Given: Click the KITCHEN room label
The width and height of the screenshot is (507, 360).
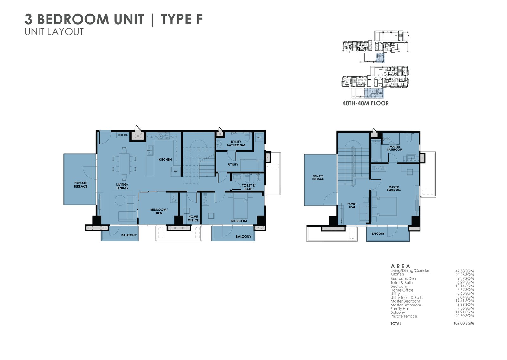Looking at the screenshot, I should click(x=165, y=160).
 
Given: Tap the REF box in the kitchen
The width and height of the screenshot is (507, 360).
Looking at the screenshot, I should click(x=175, y=172).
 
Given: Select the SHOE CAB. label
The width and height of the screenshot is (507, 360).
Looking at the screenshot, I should click(x=123, y=135).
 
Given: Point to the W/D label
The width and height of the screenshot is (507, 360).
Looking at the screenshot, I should click(x=259, y=138).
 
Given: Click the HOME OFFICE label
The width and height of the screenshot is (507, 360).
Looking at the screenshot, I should click(x=193, y=219).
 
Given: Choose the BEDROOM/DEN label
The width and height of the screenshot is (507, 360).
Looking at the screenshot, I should click(x=159, y=211).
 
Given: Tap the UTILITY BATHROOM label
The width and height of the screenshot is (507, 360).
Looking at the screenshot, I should click(x=236, y=144).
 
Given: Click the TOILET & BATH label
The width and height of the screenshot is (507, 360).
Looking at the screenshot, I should click(x=248, y=187).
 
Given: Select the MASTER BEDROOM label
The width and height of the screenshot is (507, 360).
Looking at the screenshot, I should click(x=394, y=189).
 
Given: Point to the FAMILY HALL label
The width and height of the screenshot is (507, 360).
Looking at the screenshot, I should click(x=352, y=205).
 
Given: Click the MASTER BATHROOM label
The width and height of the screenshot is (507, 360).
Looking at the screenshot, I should click(x=395, y=148).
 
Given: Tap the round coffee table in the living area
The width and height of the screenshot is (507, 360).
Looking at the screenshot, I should click(x=120, y=200).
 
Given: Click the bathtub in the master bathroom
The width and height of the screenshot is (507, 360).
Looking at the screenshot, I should click(x=376, y=151).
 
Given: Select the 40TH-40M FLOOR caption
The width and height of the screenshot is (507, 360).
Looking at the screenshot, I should click(x=365, y=103).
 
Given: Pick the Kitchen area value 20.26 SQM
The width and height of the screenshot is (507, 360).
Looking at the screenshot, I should click(x=465, y=275).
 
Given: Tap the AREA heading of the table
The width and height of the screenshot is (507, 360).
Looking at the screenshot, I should click(x=400, y=266).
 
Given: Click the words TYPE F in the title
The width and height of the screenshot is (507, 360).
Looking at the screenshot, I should click(x=182, y=19).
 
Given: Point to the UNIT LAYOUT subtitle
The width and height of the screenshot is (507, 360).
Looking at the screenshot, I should click(x=54, y=32).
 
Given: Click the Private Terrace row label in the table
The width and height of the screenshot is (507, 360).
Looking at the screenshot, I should click(x=404, y=316).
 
